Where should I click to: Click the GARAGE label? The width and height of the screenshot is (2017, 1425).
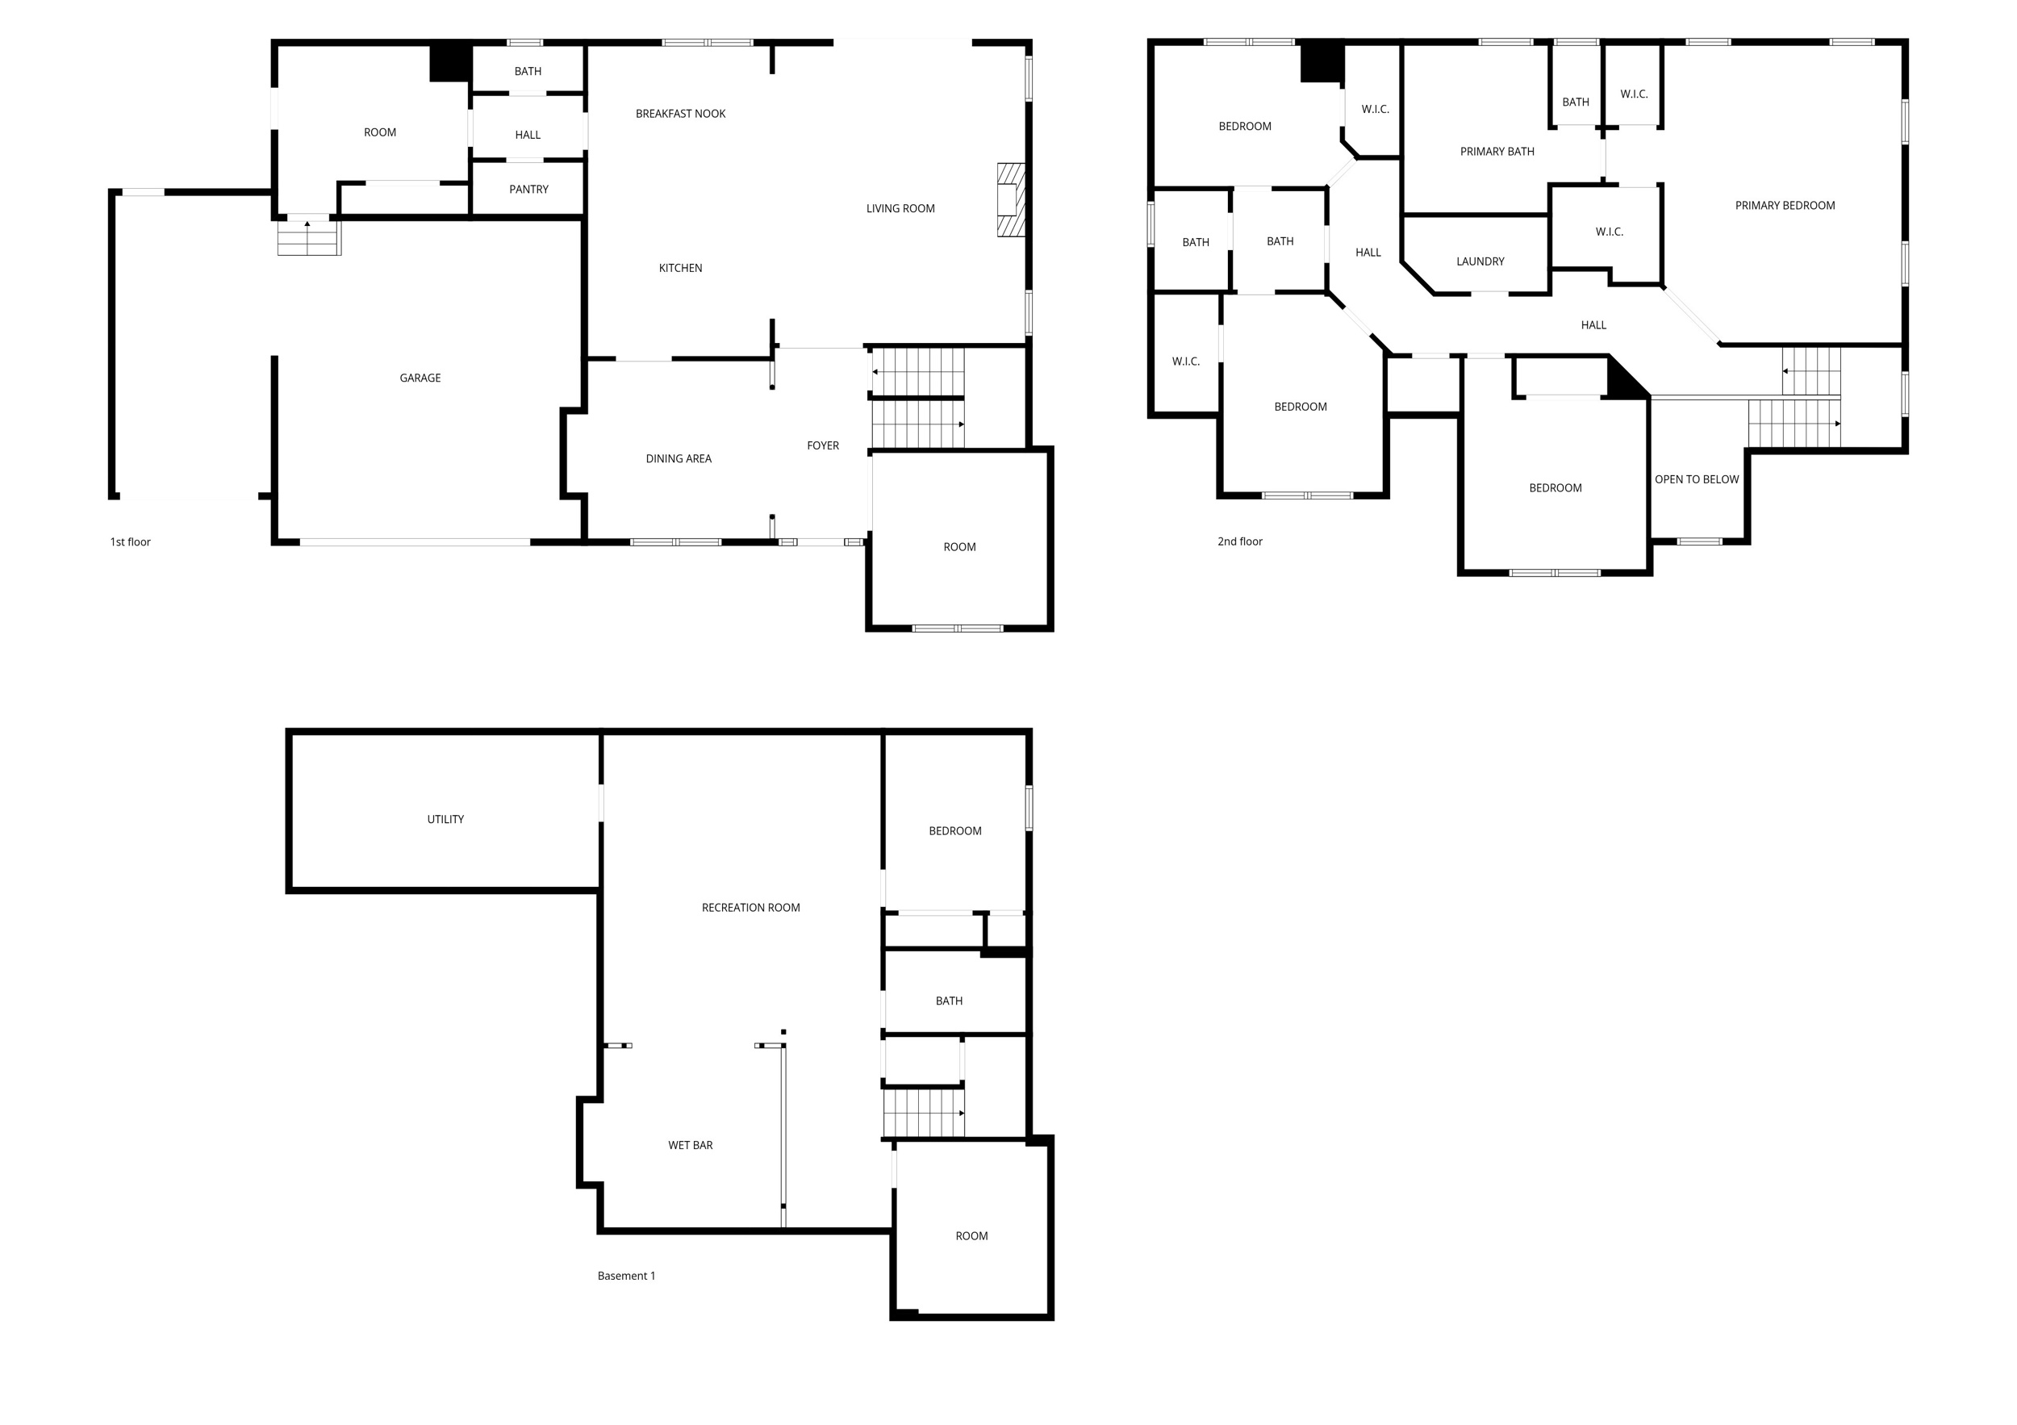[420, 378]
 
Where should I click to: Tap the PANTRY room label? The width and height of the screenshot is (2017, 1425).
[528, 189]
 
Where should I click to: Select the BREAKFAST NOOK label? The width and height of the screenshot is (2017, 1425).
[680, 113]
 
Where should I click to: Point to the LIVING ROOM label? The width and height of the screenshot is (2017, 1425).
[900, 208]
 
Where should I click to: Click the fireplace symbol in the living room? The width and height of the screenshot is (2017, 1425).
[1010, 199]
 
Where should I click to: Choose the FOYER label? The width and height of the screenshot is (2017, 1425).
[822, 445]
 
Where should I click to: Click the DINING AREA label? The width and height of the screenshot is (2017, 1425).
[679, 458]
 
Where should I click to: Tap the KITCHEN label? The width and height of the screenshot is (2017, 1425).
[680, 268]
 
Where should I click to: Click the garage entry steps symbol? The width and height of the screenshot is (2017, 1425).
[308, 237]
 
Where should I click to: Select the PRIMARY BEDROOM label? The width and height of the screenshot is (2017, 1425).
[1784, 206]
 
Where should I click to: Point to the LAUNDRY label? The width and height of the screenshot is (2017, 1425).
[1480, 261]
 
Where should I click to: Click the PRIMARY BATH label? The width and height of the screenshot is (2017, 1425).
[1496, 152]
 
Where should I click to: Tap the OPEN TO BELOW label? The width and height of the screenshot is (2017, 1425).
[1695, 479]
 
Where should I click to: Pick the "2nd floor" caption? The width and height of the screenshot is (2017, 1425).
[1238, 541]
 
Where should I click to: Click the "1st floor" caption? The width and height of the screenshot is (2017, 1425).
[130, 542]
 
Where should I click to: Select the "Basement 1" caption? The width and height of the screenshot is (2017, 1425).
[625, 1276]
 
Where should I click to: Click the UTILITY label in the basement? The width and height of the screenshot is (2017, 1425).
[445, 819]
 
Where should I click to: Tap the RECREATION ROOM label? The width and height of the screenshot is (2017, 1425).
[750, 908]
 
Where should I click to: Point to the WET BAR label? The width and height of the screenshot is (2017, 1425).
[690, 1145]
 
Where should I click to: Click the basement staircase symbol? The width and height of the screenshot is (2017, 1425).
[922, 1113]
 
